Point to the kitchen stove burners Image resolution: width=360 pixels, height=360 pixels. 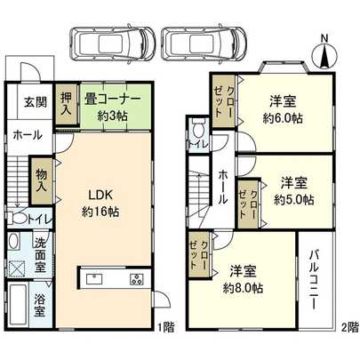tap(138, 280)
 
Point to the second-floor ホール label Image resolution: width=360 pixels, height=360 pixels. tap(223, 181)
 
